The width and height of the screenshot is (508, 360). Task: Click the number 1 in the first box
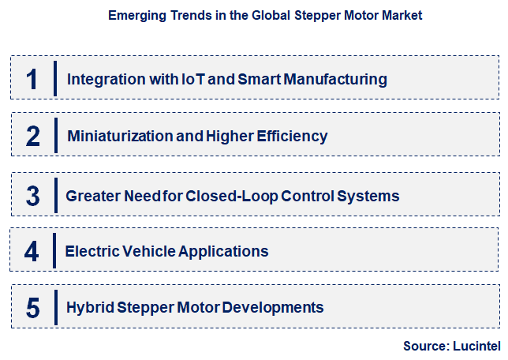[32, 78]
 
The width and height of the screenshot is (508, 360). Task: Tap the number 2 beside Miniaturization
[32, 136]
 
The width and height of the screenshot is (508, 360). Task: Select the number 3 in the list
[32, 195]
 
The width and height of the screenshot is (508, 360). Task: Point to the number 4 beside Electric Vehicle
[32, 252]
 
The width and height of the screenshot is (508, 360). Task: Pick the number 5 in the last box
[32, 306]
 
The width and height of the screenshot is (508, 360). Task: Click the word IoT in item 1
[196, 79]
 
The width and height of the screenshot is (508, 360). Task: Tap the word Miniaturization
[121, 136]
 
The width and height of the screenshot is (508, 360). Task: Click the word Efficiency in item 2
[289, 136]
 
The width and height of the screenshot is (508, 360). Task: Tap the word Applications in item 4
[224, 252]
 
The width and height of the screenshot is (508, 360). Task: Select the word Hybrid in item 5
[88, 306]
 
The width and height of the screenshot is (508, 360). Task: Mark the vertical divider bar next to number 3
[55, 195]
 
